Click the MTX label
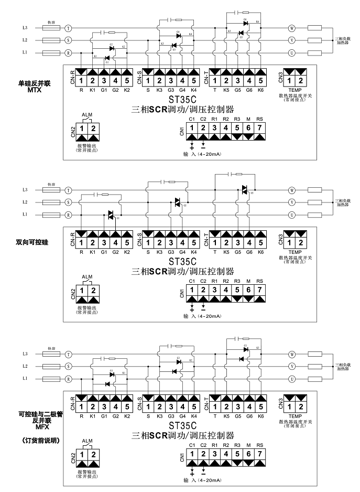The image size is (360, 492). [34, 90]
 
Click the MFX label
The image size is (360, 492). [34, 427]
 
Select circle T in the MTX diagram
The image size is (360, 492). [68, 27]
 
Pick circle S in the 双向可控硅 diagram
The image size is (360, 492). [68, 202]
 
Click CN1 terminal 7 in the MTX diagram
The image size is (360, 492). [259, 127]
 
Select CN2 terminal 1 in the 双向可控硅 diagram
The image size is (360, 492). [82, 291]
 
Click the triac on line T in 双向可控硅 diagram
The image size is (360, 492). [244, 189]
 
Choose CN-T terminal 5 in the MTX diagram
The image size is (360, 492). [260, 81]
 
